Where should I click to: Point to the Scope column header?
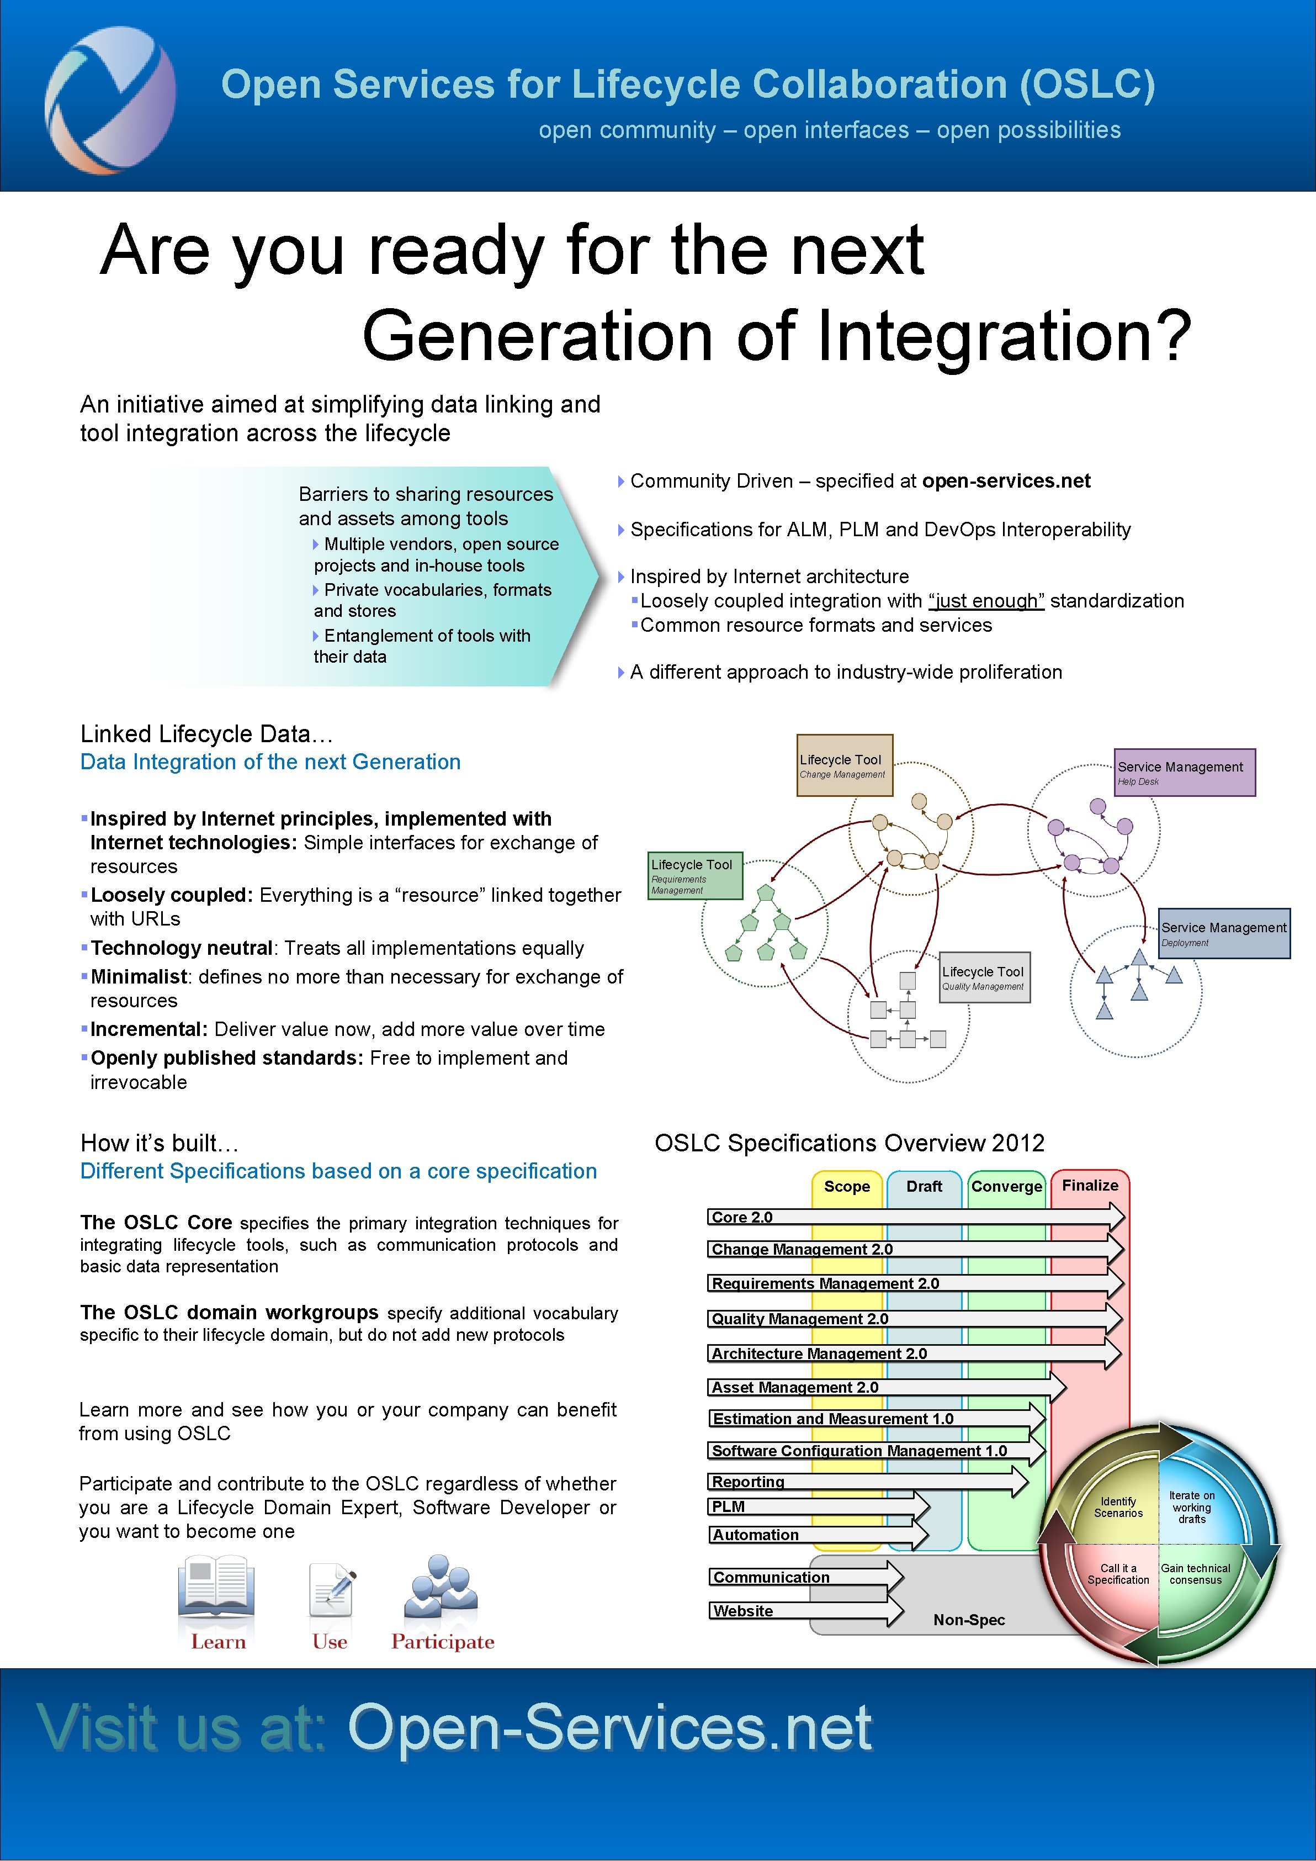847,1187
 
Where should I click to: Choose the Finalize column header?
1090,1185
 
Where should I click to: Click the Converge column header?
1006,1187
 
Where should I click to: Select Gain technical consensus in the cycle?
1195,1573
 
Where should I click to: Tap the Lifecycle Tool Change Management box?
845,765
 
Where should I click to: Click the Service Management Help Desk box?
1184,773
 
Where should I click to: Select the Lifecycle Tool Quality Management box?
984,977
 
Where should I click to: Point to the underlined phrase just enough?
986,601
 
